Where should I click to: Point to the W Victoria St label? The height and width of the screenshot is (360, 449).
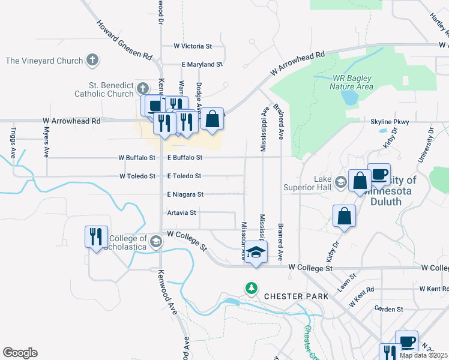click(x=193, y=46)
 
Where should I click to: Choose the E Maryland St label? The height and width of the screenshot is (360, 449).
click(x=202, y=64)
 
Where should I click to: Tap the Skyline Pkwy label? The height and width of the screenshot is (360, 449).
click(x=390, y=122)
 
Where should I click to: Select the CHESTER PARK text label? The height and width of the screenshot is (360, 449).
click(x=296, y=296)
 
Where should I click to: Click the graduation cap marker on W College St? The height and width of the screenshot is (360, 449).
click(x=256, y=252)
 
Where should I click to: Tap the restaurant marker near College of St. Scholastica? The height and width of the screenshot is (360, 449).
click(x=96, y=237)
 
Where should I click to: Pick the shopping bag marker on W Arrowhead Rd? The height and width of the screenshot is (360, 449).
click(x=212, y=119)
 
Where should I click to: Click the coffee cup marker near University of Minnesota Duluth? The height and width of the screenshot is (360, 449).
click(x=379, y=175)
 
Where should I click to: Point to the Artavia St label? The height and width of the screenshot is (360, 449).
click(x=182, y=213)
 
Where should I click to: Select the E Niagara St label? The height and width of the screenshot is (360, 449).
click(x=185, y=194)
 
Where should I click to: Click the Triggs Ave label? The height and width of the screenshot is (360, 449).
click(x=15, y=145)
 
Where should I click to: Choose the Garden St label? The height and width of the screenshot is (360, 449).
click(x=388, y=309)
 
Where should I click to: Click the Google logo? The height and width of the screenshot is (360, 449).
click(x=20, y=353)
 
